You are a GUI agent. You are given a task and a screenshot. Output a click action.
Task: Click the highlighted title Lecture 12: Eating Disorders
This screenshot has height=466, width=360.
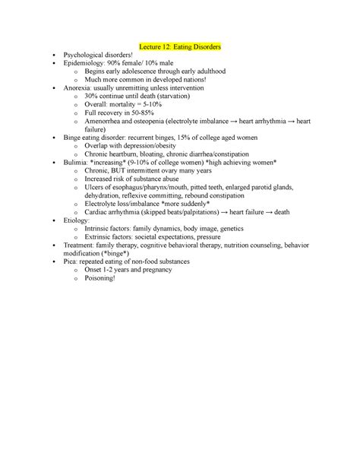point(180,47)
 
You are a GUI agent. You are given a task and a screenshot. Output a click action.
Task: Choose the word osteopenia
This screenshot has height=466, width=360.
point(170,130)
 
